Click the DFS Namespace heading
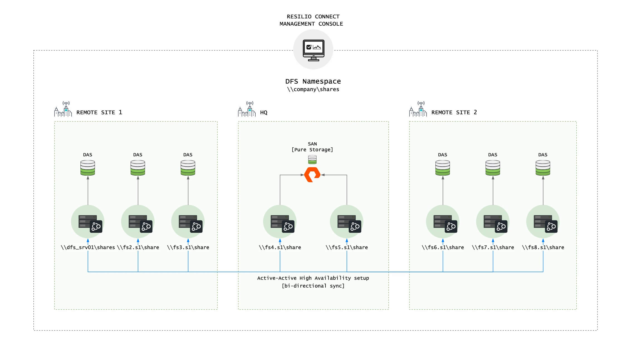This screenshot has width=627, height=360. [x=313, y=81]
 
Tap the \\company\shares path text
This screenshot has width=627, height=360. [x=313, y=89]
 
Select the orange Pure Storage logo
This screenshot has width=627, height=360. [x=312, y=175]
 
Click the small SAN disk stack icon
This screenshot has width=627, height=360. [x=312, y=160]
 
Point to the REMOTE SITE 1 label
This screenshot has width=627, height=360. [x=99, y=112]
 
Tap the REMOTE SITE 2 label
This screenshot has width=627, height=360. [x=454, y=112]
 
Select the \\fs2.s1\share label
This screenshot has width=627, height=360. [x=138, y=247]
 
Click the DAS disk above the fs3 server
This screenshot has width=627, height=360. [x=188, y=168]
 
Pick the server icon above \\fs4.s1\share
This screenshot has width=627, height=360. [x=282, y=223]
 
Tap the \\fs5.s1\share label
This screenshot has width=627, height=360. [x=347, y=247]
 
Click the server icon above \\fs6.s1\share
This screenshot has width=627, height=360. [x=445, y=223]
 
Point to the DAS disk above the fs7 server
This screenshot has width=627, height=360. [x=493, y=168]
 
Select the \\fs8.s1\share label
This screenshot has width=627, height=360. [x=543, y=247]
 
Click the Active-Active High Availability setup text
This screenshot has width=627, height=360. [x=313, y=278]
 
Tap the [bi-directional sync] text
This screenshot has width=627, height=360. [x=313, y=286]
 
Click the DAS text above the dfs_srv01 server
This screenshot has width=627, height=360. [x=87, y=155]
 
